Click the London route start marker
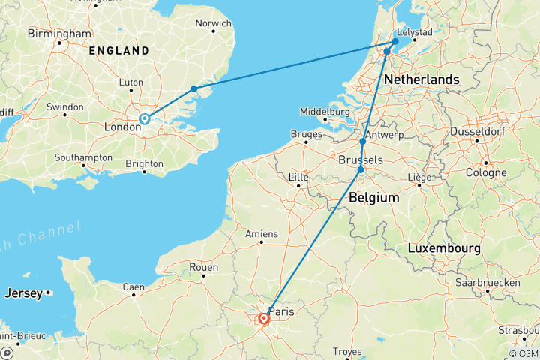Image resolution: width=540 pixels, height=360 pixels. (x=144, y=118)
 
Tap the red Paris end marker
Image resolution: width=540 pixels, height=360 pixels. (x=264, y=319)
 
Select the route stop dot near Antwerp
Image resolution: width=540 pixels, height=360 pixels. (x=363, y=142)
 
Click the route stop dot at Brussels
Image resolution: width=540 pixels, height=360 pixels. (x=361, y=170)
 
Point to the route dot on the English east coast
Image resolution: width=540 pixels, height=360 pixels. (x=194, y=88)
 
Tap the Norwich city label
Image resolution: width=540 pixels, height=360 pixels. (x=213, y=23)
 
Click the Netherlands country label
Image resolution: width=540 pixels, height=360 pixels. (x=421, y=79)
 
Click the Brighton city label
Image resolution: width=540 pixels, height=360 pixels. (x=144, y=163)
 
